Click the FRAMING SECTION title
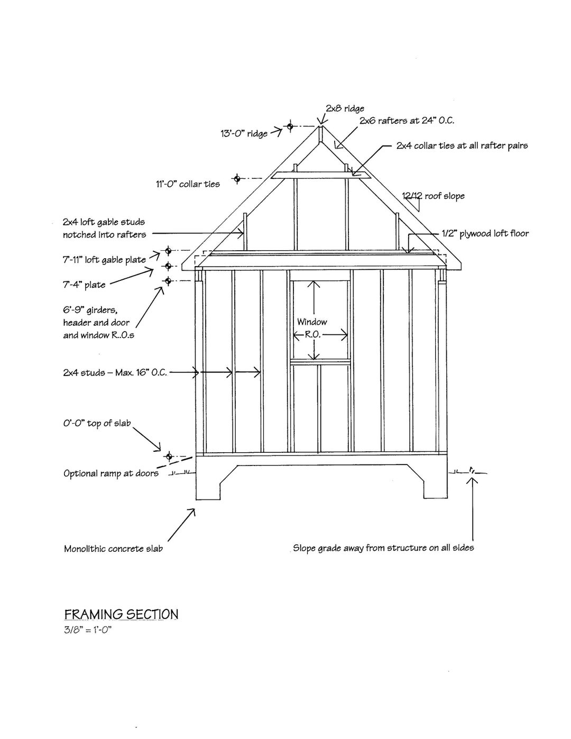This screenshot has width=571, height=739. (x=121, y=614)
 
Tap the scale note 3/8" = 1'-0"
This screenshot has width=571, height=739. (x=88, y=629)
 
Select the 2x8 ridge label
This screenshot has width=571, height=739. (x=345, y=108)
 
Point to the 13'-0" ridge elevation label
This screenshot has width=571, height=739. (x=244, y=133)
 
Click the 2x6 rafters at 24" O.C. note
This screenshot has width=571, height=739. (x=407, y=121)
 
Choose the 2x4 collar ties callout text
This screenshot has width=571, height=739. (x=462, y=145)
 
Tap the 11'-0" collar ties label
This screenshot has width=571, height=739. (x=188, y=184)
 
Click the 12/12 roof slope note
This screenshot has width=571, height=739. (x=434, y=196)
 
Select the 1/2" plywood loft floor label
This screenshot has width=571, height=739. (x=485, y=233)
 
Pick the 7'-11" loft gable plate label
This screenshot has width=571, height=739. (x=104, y=259)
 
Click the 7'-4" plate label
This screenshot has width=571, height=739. (x=84, y=285)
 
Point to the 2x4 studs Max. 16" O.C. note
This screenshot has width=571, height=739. (x=115, y=372)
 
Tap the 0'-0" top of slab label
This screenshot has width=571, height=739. (x=97, y=423)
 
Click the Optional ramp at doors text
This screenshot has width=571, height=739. (x=111, y=473)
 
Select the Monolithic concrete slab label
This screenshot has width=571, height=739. (x=113, y=549)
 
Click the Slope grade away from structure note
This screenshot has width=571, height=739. (x=383, y=548)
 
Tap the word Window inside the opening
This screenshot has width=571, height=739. (x=312, y=322)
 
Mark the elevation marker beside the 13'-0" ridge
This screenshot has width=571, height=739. (x=290, y=126)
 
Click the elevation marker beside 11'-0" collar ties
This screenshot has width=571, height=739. (x=237, y=179)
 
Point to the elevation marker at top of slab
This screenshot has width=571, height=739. (x=169, y=456)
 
